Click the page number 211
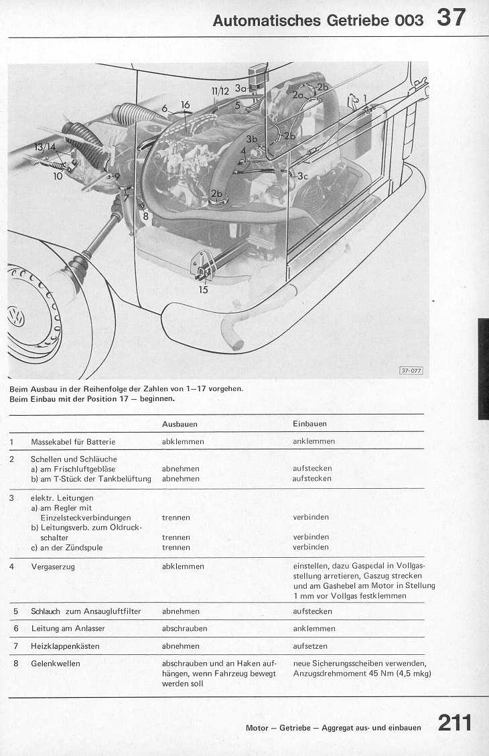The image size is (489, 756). click(x=455, y=723)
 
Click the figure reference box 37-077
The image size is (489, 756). click(x=411, y=370)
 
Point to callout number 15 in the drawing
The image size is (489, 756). click(x=203, y=290)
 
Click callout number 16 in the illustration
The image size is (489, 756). click(x=186, y=104)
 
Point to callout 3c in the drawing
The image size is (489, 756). click(x=303, y=176)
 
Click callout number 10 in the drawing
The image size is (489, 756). click(x=58, y=177)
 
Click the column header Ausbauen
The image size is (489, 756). click(x=180, y=424)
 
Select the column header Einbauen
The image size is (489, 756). click(x=309, y=424)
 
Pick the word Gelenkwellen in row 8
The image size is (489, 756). click(x=56, y=664)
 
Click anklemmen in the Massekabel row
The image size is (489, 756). click(x=313, y=441)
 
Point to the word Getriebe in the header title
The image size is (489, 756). click(x=358, y=20)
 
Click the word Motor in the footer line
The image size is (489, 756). click(x=257, y=728)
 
